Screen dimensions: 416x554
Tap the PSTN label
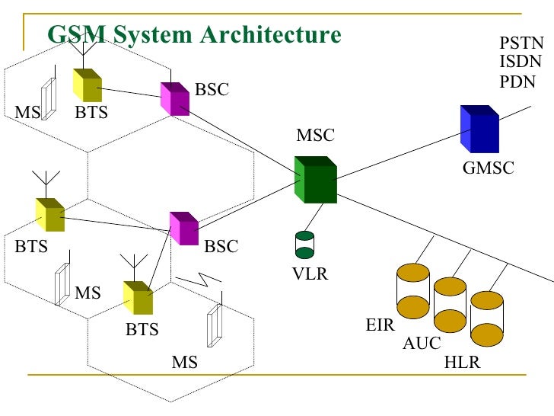click(521, 43)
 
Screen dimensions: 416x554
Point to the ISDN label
click(521, 62)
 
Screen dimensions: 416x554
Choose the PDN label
click(517, 82)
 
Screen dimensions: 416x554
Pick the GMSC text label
click(489, 168)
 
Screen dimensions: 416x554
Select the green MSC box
click(315, 180)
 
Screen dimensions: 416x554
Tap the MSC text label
click(315, 136)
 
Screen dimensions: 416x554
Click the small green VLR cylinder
click(304, 245)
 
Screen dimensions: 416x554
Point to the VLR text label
click(310, 274)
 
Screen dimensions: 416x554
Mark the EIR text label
click(380, 325)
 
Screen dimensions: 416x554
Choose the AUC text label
click(421, 344)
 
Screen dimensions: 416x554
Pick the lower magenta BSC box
click(183, 228)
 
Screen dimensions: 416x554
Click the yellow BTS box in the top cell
click(87, 85)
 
